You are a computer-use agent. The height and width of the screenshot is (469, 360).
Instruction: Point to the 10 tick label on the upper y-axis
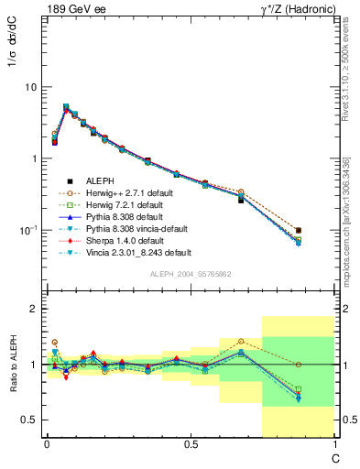pyautogui.click(x=29, y=87)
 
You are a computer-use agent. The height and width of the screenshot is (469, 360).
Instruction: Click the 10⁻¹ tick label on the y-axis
pyautogui.click(x=27, y=230)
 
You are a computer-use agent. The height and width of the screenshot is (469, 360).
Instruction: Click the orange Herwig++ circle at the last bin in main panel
pyautogui.click(x=299, y=231)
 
